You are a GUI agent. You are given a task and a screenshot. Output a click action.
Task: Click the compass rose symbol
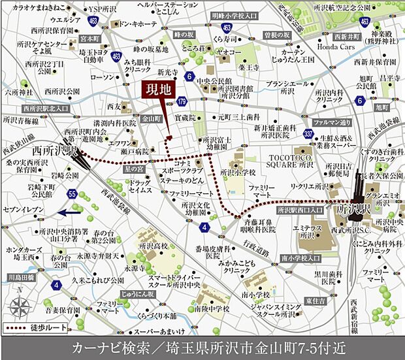20,307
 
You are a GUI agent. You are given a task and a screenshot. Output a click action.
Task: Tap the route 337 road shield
290,134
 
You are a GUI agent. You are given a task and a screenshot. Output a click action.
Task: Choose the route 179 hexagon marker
182,101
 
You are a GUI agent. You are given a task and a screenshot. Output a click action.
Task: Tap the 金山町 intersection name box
152,120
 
